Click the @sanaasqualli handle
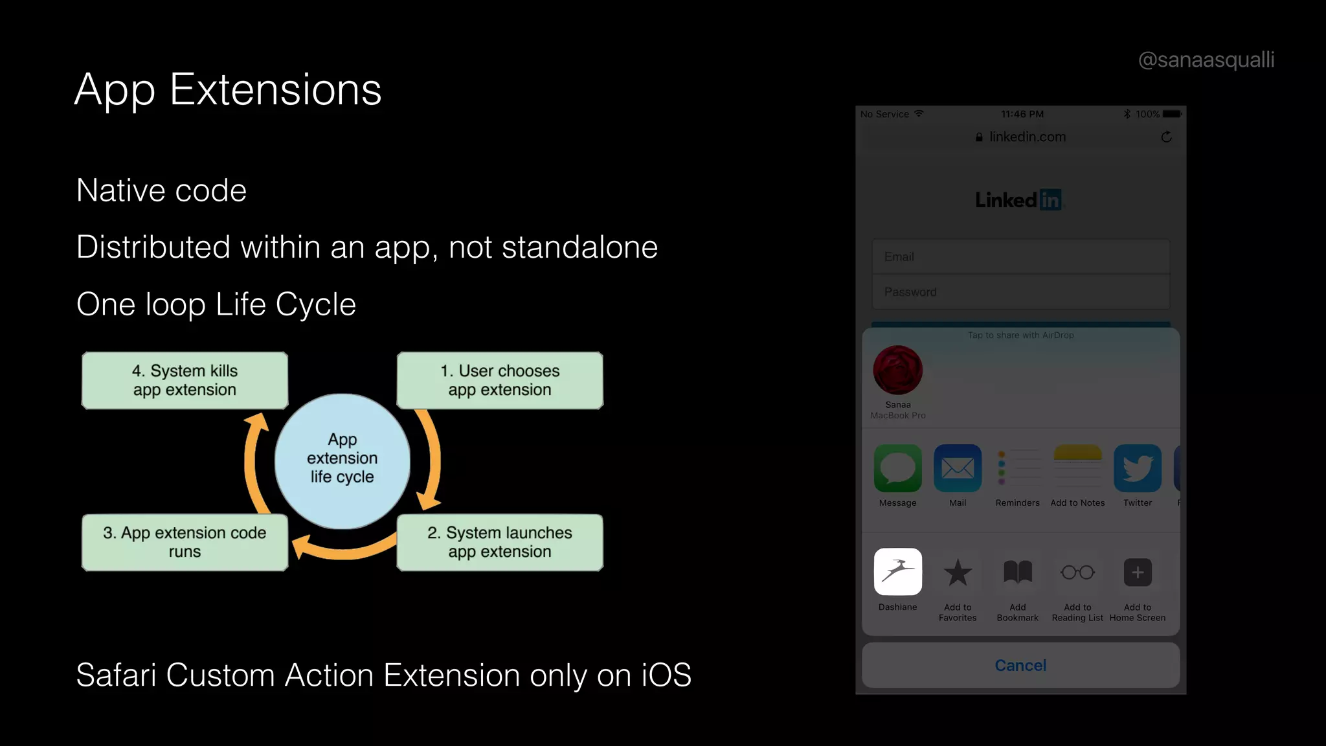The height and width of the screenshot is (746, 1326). (1206, 60)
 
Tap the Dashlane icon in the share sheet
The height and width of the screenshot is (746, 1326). (897, 572)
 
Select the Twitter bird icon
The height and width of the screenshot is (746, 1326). (1138, 468)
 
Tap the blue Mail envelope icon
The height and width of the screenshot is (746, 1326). (958, 468)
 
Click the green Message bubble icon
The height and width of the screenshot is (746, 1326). (897, 468)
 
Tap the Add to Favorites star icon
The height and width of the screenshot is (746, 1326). (958, 572)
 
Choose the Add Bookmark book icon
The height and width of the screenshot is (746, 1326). (1018, 572)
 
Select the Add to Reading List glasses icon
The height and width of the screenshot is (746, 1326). (1077, 572)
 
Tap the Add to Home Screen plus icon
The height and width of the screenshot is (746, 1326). (1138, 572)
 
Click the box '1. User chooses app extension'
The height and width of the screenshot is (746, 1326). (500, 381)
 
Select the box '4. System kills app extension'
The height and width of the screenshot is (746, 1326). (185, 381)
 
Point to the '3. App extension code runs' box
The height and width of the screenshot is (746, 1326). (185, 543)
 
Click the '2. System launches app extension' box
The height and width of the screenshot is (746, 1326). (500, 543)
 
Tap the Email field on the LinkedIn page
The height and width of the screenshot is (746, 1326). (1020, 257)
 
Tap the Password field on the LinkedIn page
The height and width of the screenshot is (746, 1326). (1020, 292)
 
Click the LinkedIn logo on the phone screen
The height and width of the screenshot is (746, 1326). (1018, 200)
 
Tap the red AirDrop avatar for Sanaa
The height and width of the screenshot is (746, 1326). (898, 370)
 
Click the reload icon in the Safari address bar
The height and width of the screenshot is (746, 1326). (1166, 137)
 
